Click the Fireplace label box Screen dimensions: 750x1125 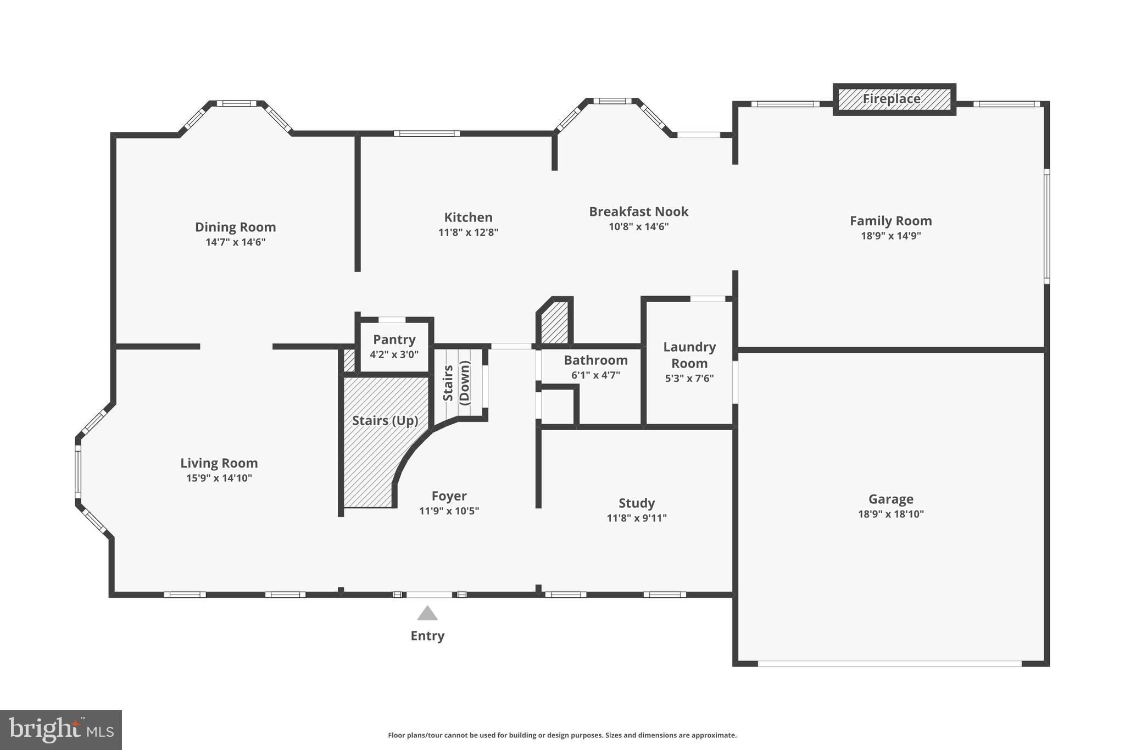pyautogui.click(x=894, y=99)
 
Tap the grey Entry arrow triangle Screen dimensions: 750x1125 pyautogui.click(x=427, y=613)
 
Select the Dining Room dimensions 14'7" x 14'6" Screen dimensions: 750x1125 pyautogui.click(x=235, y=242)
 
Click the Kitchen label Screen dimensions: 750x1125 pyautogui.click(x=468, y=218)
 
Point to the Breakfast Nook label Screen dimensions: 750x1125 pyautogui.click(x=638, y=212)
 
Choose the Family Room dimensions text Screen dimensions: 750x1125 pyautogui.click(x=890, y=236)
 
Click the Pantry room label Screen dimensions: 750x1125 pyautogui.click(x=394, y=340)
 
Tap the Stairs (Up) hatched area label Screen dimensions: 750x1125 pyautogui.click(x=385, y=421)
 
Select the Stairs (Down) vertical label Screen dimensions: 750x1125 pyautogui.click(x=456, y=382)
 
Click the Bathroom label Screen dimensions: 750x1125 pyautogui.click(x=595, y=360)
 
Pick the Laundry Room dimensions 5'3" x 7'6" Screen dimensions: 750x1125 pyautogui.click(x=689, y=378)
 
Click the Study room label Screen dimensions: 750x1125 pyautogui.click(x=637, y=503)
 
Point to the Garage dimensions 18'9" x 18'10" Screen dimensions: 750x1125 pyautogui.click(x=890, y=514)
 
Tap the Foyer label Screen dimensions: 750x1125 pyautogui.click(x=449, y=496)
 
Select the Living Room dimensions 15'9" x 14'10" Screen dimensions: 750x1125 pyautogui.click(x=219, y=478)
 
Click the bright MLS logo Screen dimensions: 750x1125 pyautogui.click(x=61, y=730)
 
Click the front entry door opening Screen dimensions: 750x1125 pyautogui.click(x=429, y=595)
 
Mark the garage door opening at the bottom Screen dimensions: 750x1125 pyautogui.click(x=889, y=664)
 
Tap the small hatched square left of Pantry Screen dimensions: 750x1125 pyautogui.click(x=349, y=360)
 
